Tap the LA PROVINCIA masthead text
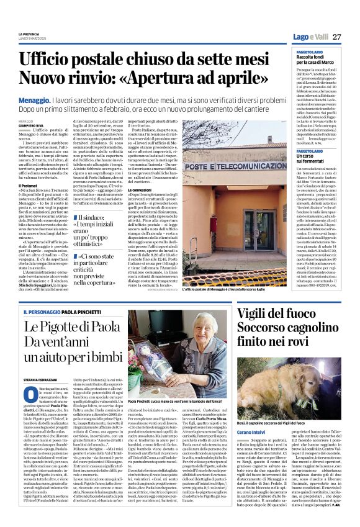coord(30,34)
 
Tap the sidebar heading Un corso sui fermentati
coord(313,159)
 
